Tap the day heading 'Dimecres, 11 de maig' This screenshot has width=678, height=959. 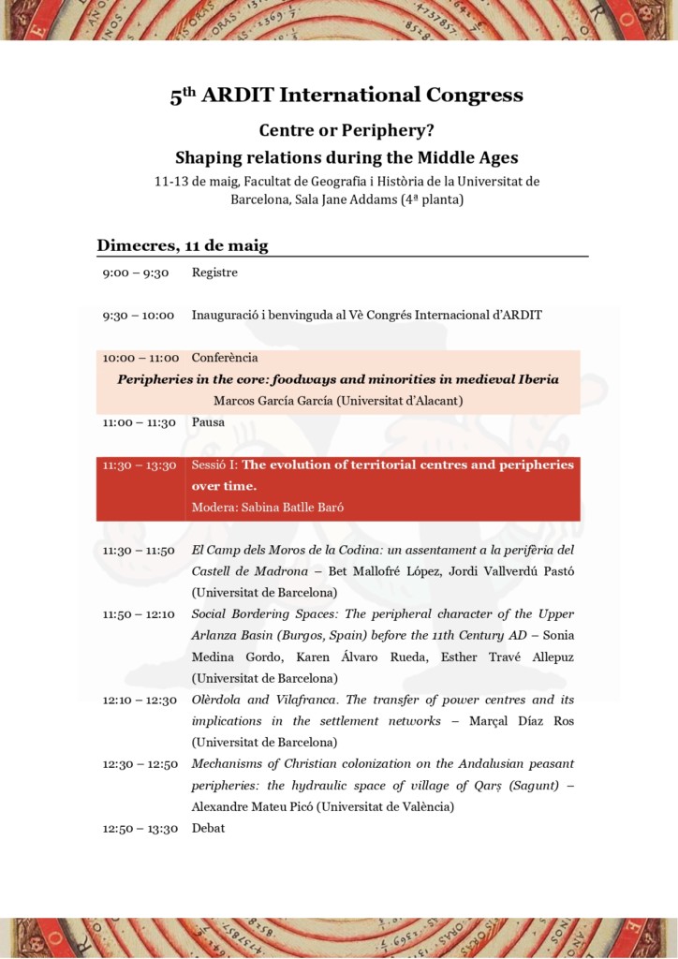point(183,245)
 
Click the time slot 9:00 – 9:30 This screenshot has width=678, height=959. point(136,273)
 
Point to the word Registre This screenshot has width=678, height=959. point(214,273)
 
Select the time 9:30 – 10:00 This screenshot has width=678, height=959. point(139,315)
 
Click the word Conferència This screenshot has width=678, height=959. point(225,358)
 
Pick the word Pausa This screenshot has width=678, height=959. point(209,422)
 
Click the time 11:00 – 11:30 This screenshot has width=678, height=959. point(140,422)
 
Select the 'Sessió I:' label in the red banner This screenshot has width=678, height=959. point(214,465)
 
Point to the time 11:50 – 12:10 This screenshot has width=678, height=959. point(140,614)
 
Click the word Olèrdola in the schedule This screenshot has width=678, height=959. point(220,700)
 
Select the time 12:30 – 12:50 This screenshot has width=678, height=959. point(140,764)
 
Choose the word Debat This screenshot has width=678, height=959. point(208,828)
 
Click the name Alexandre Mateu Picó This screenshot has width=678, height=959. point(249,806)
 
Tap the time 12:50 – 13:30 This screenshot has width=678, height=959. point(140,828)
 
